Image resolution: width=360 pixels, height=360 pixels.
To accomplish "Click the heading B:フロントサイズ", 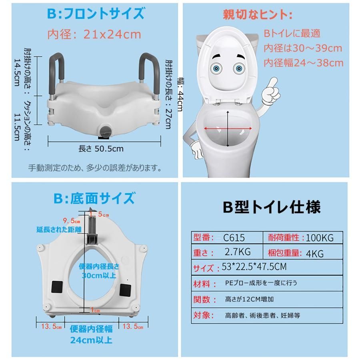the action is click(96, 13).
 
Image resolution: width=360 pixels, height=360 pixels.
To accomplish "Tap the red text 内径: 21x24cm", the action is click(94, 34).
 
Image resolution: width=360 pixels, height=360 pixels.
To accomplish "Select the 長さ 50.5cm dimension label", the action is click(101, 149).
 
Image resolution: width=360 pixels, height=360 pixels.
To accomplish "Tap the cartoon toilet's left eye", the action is click(216, 68).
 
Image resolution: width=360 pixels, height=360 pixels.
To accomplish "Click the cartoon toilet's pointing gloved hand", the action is click(271, 91).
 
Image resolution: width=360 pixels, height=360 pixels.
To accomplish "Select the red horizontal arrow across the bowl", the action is click(228, 128).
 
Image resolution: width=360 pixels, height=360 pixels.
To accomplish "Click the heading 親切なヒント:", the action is click(258, 15).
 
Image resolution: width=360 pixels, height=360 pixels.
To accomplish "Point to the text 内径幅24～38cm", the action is click(303, 63).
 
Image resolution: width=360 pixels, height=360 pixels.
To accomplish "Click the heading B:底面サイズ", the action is click(94, 198).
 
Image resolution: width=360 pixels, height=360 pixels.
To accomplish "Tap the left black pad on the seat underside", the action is click(57, 286).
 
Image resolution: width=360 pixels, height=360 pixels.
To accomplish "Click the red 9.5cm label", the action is click(72, 221).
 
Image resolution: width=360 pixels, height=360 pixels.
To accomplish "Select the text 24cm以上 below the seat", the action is click(91, 340).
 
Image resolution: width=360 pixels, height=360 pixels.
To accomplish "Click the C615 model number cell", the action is click(234, 238).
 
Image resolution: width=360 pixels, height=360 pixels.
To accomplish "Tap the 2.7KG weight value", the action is click(238, 252).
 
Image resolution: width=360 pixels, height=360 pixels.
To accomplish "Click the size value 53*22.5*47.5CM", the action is click(254, 267).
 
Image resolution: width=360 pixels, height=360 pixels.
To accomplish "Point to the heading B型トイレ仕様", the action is click(272, 207).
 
